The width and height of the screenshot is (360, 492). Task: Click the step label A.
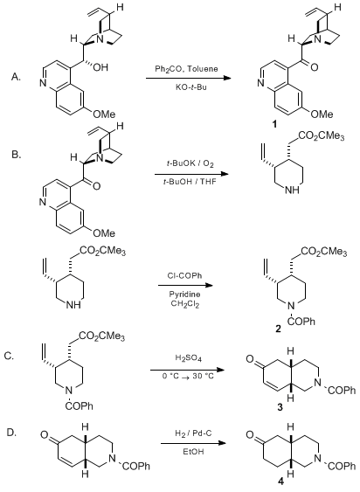point(16,77)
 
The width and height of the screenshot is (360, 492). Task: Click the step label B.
point(17,155)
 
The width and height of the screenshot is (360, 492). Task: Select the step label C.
point(9,357)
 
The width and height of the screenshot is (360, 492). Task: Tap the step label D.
point(12,433)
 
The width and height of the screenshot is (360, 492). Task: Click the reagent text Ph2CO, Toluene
point(186,69)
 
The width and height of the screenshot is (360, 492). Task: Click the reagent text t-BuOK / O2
point(189,163)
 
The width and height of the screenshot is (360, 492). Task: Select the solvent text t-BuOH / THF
point(190,182)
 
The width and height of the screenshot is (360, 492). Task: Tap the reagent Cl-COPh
point(184,276)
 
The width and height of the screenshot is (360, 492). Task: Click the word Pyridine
point(184,295)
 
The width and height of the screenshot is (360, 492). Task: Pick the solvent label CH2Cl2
point(185,304)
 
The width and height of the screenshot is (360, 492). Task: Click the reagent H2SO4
point(188,358)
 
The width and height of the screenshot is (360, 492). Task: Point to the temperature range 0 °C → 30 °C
point(188,377)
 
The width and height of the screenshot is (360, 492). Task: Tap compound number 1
point(274,125)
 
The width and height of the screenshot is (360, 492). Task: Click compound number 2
point(279,329)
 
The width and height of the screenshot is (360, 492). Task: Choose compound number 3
point(280,407)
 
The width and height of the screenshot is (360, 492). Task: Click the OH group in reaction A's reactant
point(100,67)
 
